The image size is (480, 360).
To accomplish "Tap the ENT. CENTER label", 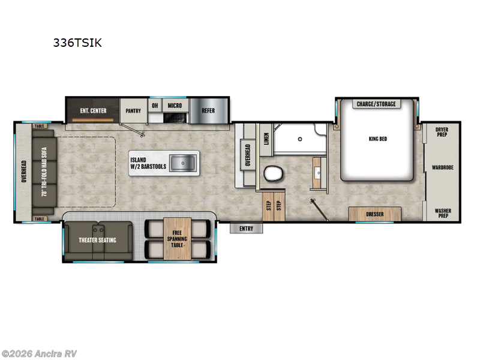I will click(x=94, y=110).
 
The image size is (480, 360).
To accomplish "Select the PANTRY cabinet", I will click(x=133, y=110).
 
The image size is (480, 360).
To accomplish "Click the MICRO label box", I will click(x=175, y=106).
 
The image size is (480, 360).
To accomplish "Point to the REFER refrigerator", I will click(x=208, y=110).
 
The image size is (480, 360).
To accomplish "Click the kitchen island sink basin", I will click(x=181, y=161).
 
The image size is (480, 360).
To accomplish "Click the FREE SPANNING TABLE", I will click(x=177, y=239).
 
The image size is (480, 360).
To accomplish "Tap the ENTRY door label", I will click(x=246, y=229).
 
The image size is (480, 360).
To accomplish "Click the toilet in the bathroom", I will click(x=274, y=173).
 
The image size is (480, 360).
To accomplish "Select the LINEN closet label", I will click(x=266, y=139).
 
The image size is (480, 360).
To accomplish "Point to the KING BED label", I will click(x=377, y=139).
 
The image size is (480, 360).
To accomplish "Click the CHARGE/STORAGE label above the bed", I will click(x=376, y=104).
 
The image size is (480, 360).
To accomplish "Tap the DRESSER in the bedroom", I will click(x=375, y=213).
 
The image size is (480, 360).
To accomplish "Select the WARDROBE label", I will click(x=443, y=170).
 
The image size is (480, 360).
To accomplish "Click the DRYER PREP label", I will click(x=443, y=131).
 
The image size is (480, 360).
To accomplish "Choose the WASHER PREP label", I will click(x=443, y=213).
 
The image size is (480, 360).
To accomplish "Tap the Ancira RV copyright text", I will click(x=40, y=353).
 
